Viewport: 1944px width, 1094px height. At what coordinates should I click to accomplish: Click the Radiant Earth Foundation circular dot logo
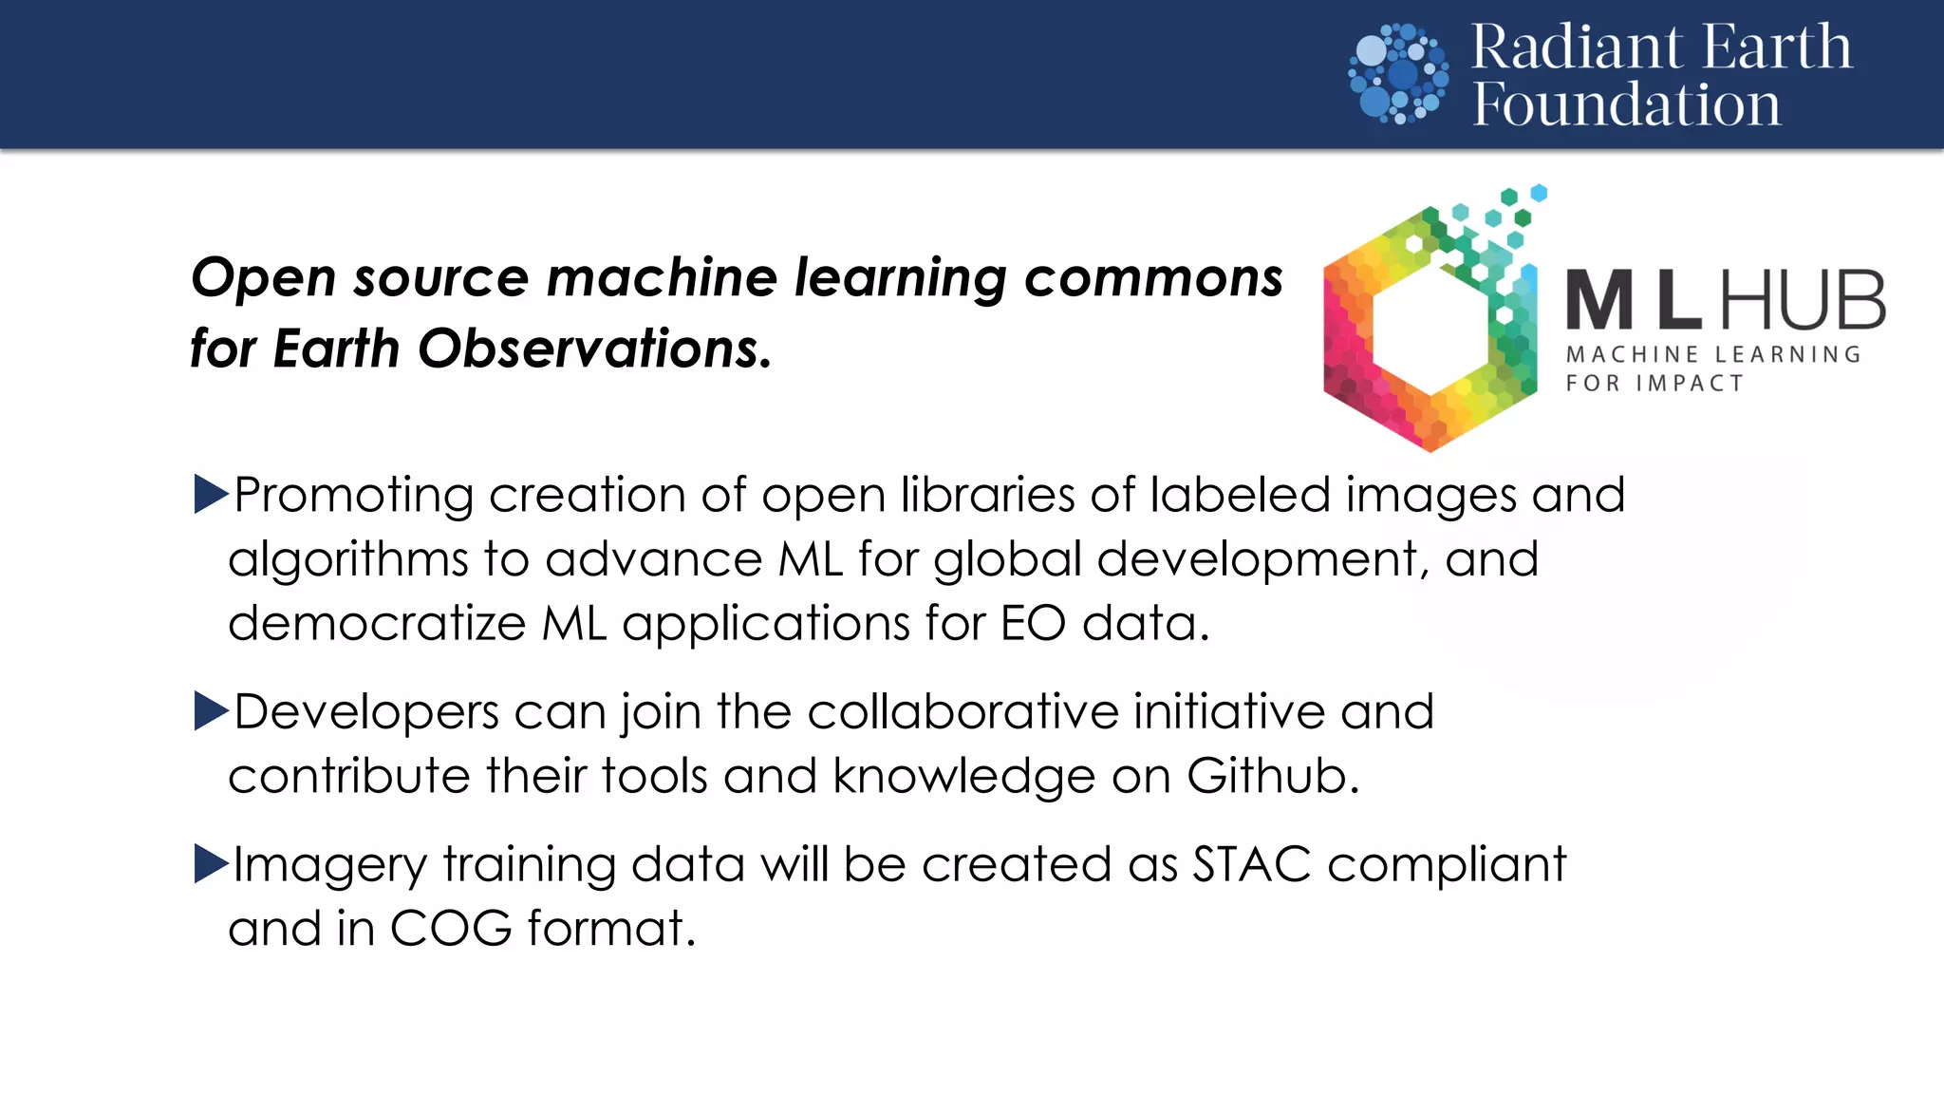[1398, 74]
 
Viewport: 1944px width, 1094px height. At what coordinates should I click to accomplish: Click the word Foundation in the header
[1626, 104]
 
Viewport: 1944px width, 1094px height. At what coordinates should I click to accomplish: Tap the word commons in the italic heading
[1153, 278]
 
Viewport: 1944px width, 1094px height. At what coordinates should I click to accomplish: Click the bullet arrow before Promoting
[211, 494]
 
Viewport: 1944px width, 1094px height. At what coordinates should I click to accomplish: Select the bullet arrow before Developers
[211, 710]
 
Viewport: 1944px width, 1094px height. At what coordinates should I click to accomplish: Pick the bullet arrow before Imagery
[211, 863]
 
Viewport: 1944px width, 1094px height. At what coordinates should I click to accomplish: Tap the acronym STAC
[1251, 864]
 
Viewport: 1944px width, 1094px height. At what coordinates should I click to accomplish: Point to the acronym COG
[451, 928]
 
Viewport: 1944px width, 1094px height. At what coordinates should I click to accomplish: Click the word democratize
[377, 623]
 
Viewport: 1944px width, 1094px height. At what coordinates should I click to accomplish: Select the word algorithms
[347, 559]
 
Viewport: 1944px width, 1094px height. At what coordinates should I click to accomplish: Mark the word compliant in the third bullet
[1446, 865]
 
